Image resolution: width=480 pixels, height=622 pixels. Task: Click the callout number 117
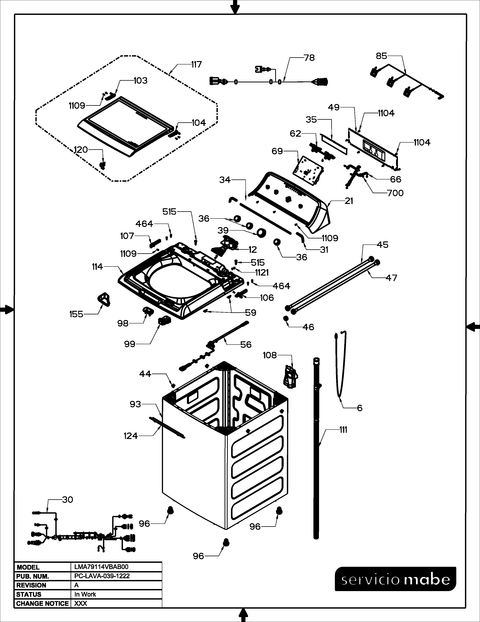click(x=196, y=65)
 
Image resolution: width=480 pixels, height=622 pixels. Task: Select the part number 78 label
click(x=309, y=58)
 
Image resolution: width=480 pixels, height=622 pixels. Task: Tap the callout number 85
click(x=381, y=56)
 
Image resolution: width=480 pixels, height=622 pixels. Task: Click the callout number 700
click(x=395, y=193)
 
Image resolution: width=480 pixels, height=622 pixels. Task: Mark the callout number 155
click(x=76, y=314)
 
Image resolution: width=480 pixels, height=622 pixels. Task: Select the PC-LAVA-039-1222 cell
click(x=102, y=576)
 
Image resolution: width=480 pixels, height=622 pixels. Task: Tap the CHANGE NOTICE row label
click(x=42, y=604)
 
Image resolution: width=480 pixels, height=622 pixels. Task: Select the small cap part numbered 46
click(x=286, y=318)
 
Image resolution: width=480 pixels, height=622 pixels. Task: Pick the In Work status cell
click(x=85, y=594)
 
